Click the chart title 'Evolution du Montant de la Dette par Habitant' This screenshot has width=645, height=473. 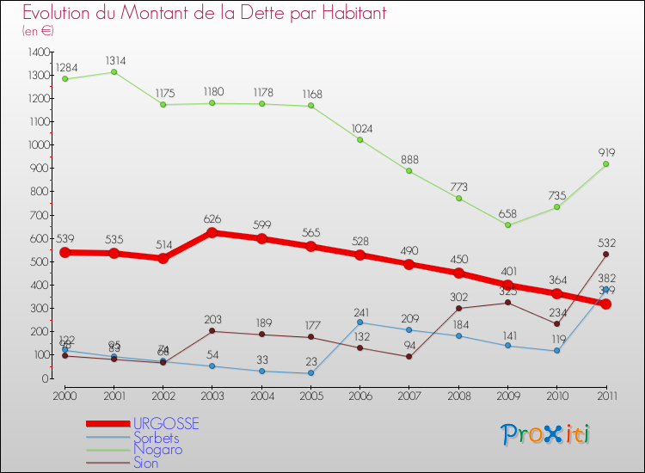click(x=193, y=13)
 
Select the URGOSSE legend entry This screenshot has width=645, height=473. click(x=167, y=424)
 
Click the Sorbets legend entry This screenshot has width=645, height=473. click(x=157, y=437)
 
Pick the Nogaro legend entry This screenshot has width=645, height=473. click(x=157, y=449)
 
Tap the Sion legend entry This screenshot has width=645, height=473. click(x=146, y=462)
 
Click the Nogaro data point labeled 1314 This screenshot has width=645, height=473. click(x=114, y=71)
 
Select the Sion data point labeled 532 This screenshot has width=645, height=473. click(x=605, y=254)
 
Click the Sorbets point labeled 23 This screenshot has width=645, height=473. click(x=310, y=372)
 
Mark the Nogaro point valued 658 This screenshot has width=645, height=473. click(x=507, y=224)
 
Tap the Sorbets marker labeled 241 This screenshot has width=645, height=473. click(x=359, y=322)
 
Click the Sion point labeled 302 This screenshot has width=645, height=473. click(x=458, y=308)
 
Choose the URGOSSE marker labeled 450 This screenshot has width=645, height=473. click(x=458, y=273)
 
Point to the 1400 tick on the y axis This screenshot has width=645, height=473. click(x=39, y=52)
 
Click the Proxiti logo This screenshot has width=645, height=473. click(x=546, y=434)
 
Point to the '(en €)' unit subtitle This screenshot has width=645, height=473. click(x=39, y=31)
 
